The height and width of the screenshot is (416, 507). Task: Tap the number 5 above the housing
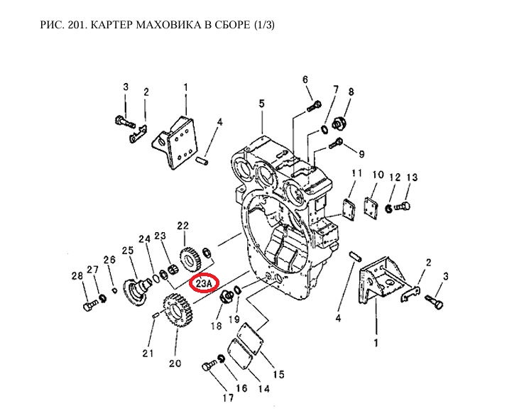pos(261,104)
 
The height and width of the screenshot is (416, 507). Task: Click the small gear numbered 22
pos(187,258)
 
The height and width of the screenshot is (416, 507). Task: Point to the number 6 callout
pos(305,79)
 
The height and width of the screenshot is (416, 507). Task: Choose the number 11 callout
pos(356,174)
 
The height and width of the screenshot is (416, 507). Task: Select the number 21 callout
pos(148,353)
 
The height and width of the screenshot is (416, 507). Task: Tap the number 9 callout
pos(361,154)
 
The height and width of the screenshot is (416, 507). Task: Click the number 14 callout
pos(264,388)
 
